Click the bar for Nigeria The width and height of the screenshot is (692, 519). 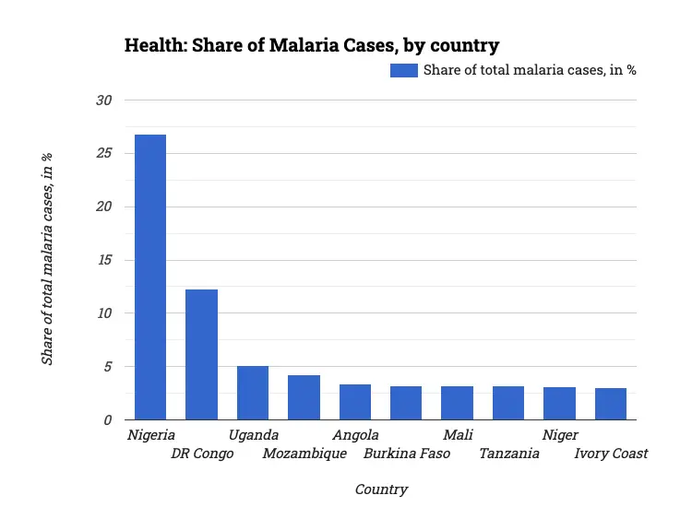coord(150,277)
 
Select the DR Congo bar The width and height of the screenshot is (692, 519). coord(201,355)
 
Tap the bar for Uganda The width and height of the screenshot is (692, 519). coord(253,393)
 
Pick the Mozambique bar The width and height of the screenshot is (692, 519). coord(304,397)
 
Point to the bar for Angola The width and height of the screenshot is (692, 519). coord(355,402)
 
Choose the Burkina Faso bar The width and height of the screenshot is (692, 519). coord(406,403)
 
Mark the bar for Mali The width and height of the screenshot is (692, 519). coord(457,403)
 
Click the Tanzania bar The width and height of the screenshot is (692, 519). coord(508,403)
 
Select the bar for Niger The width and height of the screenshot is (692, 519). coord(559,404)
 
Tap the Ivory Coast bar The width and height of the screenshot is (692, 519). coord(611,404)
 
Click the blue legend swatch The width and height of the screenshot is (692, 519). coord(404,70)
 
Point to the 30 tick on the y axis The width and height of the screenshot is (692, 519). coord(103,100)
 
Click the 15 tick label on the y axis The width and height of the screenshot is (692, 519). coord(103,260)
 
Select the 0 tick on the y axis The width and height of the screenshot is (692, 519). coord(107,420)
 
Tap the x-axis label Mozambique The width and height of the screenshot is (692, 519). coord(304,454)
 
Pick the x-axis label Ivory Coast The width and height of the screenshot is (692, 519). coord(611,454)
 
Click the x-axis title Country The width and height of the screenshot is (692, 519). coord(381,490)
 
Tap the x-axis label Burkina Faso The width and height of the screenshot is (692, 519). coord(407,454)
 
